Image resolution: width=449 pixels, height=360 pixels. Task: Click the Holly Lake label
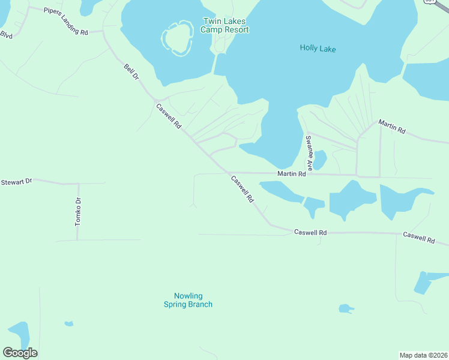click(x=318, y=49)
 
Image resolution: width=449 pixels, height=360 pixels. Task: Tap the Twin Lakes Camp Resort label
click(x=224, y=25)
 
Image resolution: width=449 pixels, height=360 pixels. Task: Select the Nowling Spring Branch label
click(x=188, y=300)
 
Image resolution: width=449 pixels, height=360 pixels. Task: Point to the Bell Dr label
click(x=131, y=72)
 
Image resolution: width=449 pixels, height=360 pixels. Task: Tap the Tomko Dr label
click(x=77, y=212)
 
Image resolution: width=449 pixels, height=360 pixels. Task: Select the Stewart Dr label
click(x=16, y=181)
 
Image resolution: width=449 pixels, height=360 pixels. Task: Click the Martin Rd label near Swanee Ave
click(x=292, y=174)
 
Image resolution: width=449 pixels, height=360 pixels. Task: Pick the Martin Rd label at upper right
click(x=391, y=127)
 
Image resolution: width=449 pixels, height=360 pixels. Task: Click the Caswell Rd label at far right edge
click(x=418, y=237)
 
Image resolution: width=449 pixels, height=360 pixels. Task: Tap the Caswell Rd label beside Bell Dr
click(x=168, y=116)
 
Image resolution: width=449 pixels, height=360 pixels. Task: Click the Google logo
click(x=20, y=353)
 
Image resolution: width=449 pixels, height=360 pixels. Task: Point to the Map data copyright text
click(x=423, y=355)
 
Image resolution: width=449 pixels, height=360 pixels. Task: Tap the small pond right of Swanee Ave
click(x=319, y=160)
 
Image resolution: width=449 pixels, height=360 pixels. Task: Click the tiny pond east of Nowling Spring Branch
click(x=345, y=308)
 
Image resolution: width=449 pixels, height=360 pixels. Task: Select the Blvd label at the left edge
click(x=6, y=35)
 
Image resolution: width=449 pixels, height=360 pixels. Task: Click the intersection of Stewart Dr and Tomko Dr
click(x=78, y=183)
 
